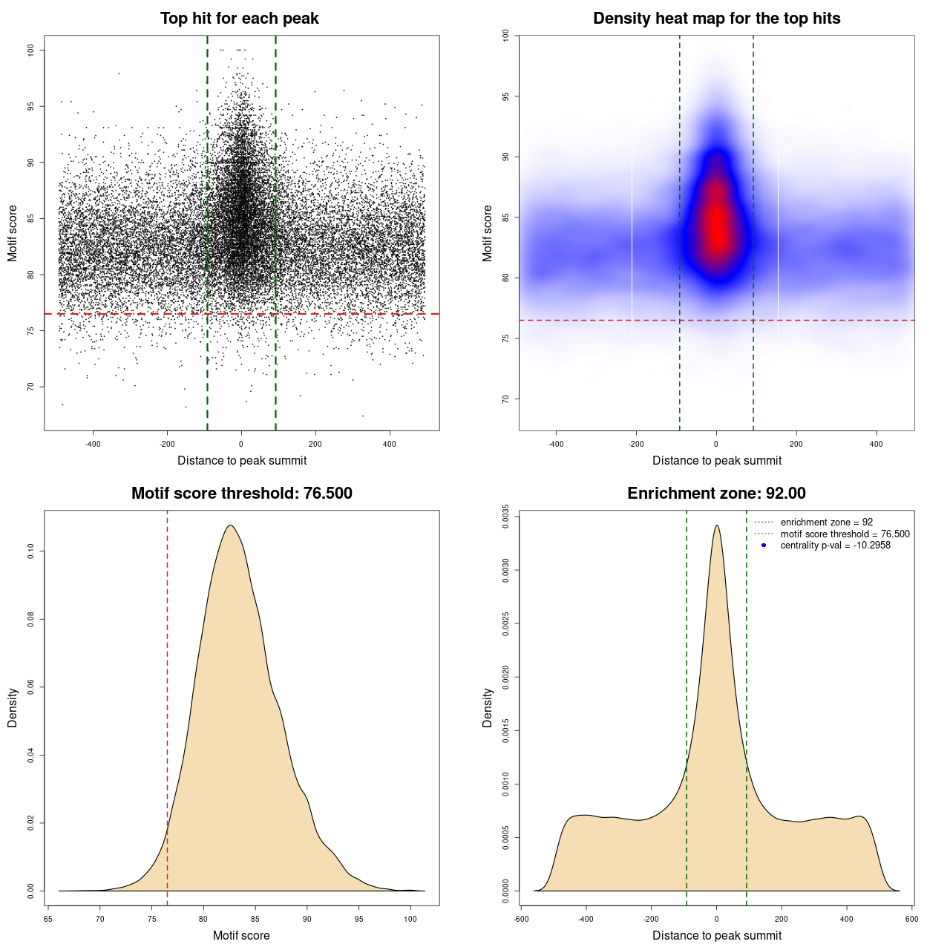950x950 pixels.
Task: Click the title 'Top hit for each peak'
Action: pos(239,19)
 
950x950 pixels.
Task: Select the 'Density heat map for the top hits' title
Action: pos(716,19)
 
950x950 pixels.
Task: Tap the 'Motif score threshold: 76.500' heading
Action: pos(241,494)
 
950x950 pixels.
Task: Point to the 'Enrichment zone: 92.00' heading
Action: pos(716,494)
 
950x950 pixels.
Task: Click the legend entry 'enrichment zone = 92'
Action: pos(826,522)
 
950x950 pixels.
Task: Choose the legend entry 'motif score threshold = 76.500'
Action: pos(845,534)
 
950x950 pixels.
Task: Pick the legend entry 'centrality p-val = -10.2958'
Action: pos(835,546)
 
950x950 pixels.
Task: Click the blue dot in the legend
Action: pos(764,546)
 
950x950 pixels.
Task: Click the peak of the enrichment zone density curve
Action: pos(716,525)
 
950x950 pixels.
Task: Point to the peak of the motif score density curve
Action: pos(231,525)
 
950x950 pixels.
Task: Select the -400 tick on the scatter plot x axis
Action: pos(93,444)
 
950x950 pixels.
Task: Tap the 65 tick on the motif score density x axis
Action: pos(48,919)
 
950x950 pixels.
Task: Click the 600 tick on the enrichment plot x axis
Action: pos(911,919)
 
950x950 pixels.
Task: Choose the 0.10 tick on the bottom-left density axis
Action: pos(30,551)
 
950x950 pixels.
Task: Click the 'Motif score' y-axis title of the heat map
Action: pos(488,233)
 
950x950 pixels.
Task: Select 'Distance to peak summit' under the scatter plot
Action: pos(242,460)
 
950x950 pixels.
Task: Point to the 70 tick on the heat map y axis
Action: pos(505,399)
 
